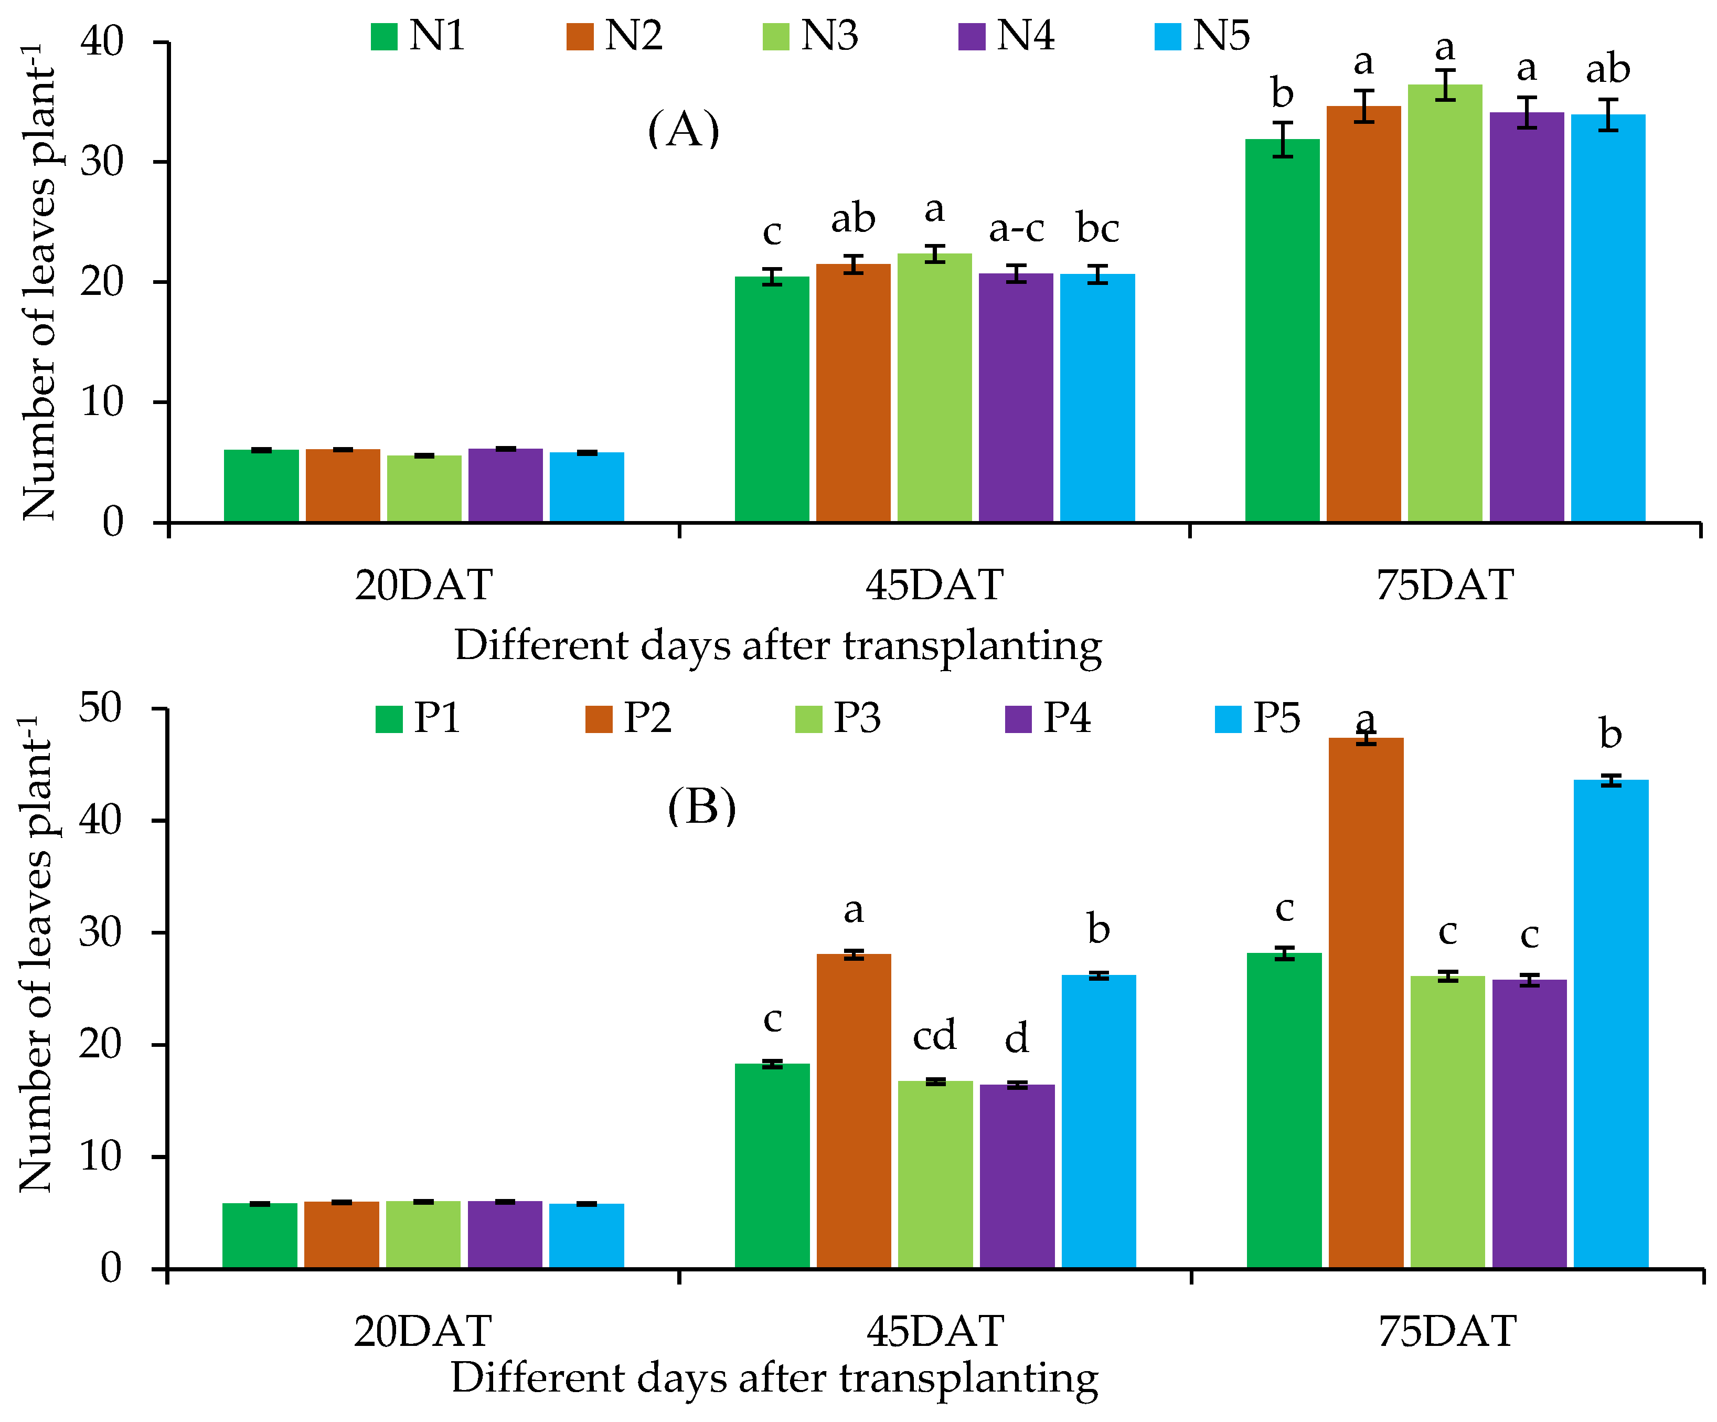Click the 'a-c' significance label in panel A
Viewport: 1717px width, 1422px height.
(1016, 229)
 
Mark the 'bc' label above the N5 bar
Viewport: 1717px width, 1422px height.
(1097, 228)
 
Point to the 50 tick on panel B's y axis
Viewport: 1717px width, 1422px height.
(101, 708)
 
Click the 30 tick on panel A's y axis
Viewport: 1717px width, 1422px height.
(102, 162)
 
